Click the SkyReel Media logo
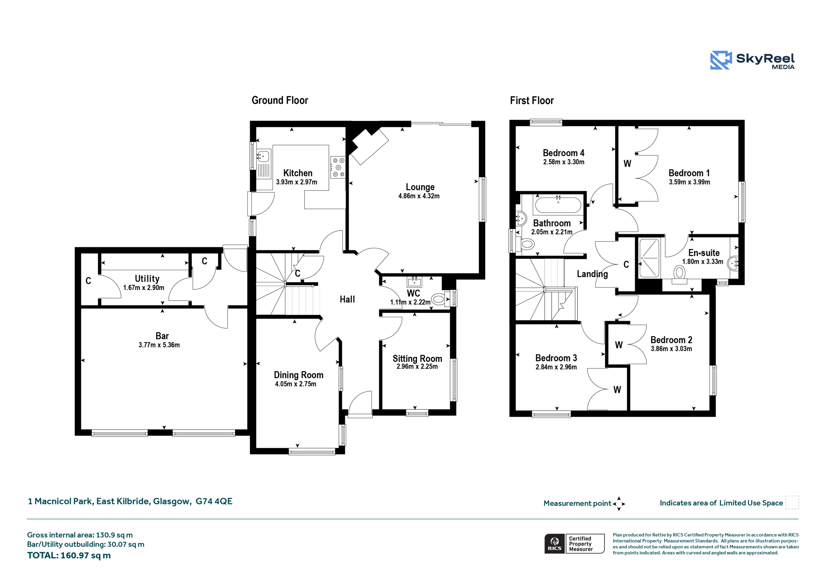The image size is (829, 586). [x=752, y=60]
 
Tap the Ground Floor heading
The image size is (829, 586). [x=280, y=100]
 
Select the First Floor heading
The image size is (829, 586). [x=532, y=101]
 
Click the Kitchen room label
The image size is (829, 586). [x=298, y=173]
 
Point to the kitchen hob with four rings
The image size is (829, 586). [x=338, y=167]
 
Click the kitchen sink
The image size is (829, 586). [x=264, y=156]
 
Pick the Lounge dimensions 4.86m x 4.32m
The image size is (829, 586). [x=419, y=196]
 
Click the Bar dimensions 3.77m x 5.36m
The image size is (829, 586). [x=159, y=345]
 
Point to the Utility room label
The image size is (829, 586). [x=147, y=279]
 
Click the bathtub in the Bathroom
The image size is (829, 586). [x=558, y=205]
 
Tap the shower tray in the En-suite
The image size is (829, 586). [x=650, y=258]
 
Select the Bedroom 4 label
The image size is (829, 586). [x=563, y=153]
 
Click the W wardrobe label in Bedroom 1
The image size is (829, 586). [x=628, y=163]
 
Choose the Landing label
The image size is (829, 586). [x=592, y=274]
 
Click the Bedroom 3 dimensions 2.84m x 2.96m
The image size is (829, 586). [x=556, y=367]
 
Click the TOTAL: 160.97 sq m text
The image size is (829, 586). [x=69, y=555]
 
